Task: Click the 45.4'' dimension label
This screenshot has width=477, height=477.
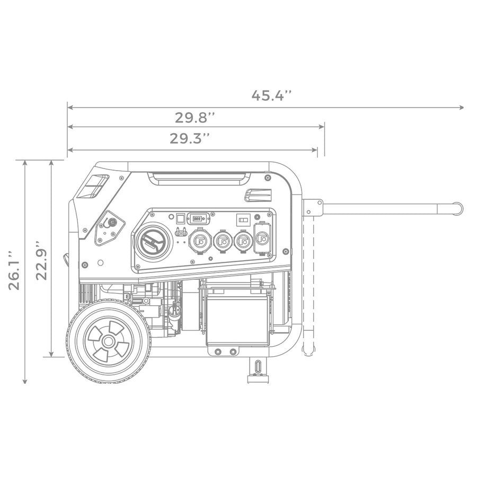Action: (x=271, y=96)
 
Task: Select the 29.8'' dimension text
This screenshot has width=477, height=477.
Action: (x=195, y=117)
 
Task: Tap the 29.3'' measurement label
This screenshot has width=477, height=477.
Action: (x=190, y=139)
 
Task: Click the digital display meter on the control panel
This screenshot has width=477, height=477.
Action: (x=199, y=218)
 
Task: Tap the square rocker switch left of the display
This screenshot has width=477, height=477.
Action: (x=180, y=218)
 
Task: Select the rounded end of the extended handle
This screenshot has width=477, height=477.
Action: (x=457, y=207)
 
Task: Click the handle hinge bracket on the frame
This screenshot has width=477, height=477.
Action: (x=313, y=207)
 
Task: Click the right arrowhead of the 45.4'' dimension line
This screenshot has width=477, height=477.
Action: (x=462, y=108)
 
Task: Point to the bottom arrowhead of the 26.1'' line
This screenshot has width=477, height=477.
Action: (x=25, y=381)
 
